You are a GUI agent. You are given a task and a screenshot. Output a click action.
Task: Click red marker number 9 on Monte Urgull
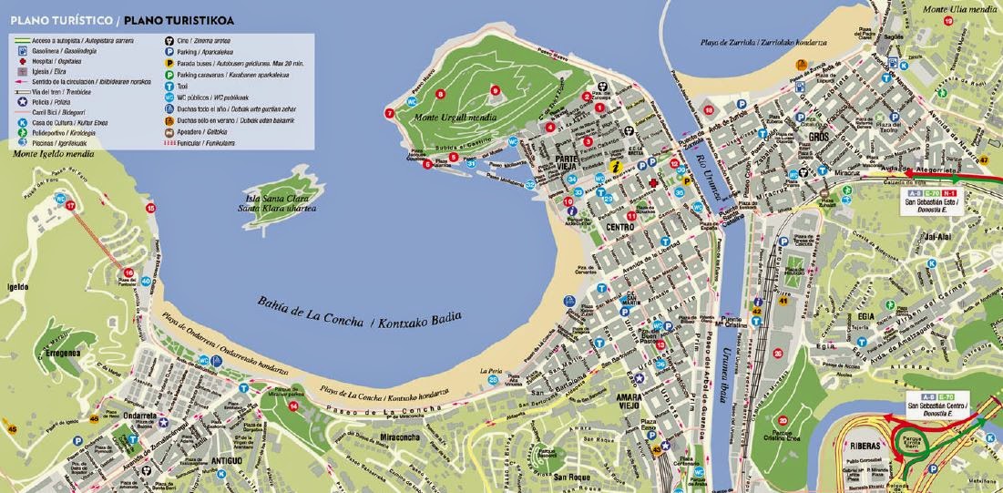(496, 89)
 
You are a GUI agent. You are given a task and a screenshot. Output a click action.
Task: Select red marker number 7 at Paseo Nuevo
(390, 114)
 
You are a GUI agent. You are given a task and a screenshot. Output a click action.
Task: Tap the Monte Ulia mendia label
(964, 10)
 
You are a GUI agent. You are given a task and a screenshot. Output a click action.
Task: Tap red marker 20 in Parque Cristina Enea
(777, 354)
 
